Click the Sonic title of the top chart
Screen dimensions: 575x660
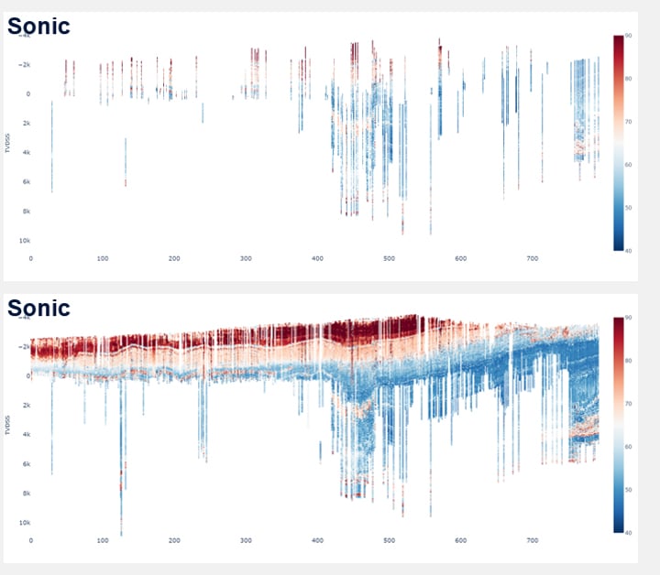(x=38, y=26)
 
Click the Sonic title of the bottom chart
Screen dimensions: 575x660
(x=38, y=308)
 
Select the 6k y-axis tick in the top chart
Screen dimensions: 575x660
(x=26, y=182)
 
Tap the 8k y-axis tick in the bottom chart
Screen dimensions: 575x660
(x=26, y=494)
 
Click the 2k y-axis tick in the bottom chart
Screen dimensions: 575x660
(x=26, y=405)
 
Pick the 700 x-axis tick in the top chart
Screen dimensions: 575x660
(x=533, y=259)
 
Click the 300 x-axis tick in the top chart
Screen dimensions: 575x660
(x=246, y=259)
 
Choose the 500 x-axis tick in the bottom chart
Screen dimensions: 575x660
(x=390, y=541)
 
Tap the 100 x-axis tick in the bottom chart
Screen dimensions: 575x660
(x=103, y=541)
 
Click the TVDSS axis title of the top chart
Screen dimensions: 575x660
(x=8, y=139)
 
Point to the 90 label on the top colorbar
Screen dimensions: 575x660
(x=628, y=35)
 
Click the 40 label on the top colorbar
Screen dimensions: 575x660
(x=628, y=249)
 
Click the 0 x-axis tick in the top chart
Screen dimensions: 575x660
(x=31, y=259)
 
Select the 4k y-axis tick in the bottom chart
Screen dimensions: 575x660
(x=26, y=434)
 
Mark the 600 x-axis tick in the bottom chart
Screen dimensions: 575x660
(x=461, y=541)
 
